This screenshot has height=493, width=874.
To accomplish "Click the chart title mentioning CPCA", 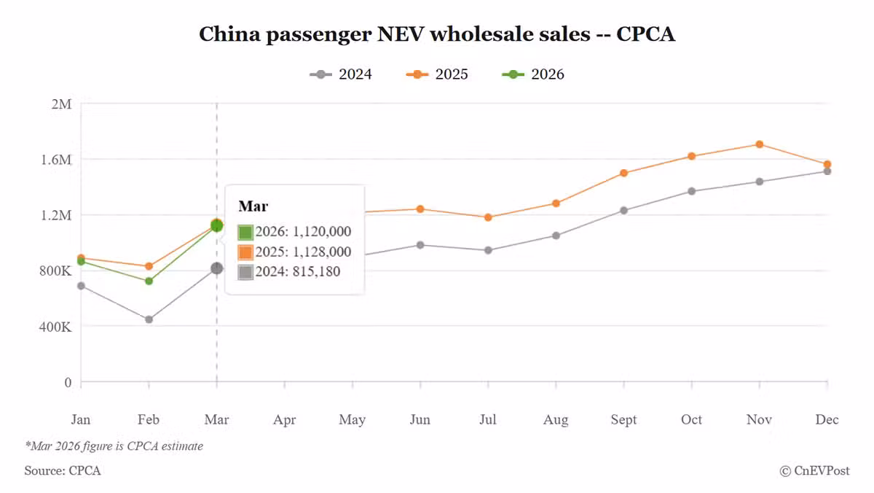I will (437, 34).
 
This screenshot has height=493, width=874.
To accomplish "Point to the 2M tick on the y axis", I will (61, 104).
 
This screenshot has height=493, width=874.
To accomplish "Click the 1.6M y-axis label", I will (57, 159).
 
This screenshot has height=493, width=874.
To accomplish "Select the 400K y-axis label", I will (55, 327).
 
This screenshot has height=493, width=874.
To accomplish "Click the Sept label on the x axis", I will (623, 419).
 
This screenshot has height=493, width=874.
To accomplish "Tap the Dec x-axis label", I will (827, 419).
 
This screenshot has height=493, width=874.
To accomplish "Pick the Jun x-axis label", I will (420, 419).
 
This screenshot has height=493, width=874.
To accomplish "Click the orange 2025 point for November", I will (760, 144).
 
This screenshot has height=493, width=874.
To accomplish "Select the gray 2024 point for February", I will (149, 319).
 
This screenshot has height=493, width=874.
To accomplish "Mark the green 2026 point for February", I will (149, 281).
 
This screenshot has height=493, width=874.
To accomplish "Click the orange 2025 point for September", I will (623, 173).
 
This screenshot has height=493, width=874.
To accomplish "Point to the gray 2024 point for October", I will (691, 191).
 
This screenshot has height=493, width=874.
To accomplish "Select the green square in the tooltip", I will (245, 233).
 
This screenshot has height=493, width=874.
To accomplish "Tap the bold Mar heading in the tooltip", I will (253, 206).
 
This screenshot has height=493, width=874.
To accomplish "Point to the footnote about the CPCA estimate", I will (114, 446).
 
